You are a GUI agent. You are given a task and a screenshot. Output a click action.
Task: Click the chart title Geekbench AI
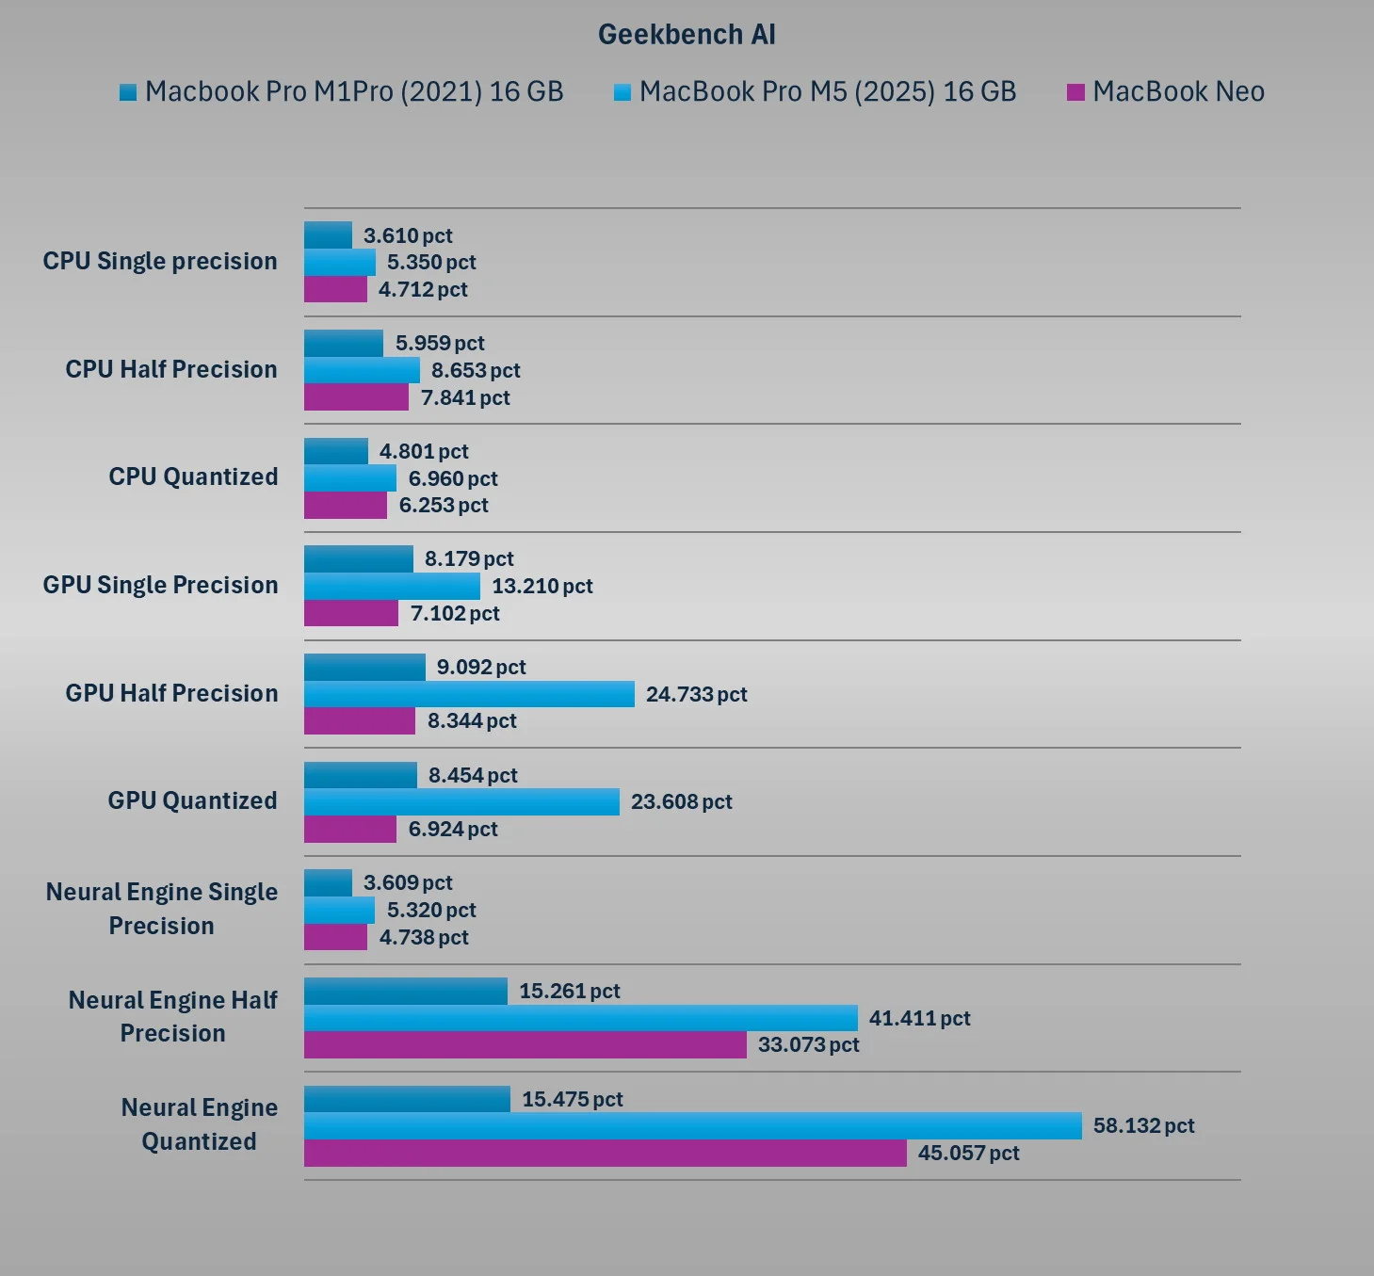pos(687,35)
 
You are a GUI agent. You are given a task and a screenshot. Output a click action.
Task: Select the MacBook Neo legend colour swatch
pos(1075,92)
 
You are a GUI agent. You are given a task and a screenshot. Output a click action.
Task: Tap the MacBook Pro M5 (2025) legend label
pos(828,91)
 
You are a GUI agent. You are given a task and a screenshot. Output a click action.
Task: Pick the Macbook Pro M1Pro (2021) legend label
pos(354,91)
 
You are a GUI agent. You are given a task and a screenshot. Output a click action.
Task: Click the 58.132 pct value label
pos(1143,1126)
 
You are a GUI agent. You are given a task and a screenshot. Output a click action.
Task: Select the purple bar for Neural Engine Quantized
pos(605,1154)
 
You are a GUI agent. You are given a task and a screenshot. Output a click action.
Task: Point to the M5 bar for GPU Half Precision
pos(469,694)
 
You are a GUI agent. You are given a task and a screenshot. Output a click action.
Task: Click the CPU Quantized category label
pos(193,476)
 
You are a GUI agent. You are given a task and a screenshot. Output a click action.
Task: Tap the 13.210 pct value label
pos(542,586)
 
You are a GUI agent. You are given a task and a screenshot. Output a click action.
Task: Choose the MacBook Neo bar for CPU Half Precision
pos(356,397)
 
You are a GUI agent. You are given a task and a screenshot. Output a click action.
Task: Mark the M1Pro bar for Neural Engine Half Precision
pos(405,992)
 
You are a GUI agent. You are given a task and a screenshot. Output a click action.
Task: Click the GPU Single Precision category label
pos(160,585)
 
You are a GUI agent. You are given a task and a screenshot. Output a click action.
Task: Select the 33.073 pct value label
pos(808,1045)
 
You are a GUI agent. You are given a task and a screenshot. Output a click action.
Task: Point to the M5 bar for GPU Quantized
pos(461,802)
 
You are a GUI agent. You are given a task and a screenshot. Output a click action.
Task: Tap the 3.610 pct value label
pos(408,235)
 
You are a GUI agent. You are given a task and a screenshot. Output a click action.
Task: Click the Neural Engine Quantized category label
pos(199,1124)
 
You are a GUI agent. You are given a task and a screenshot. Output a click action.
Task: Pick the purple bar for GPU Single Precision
pos(350,614)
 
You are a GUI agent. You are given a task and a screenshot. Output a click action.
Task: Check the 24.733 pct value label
pos(696,695)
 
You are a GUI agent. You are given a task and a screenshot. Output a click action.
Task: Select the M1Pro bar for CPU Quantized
pos(335,452)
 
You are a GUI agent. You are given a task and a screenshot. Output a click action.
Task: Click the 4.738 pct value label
pos(424,938)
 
